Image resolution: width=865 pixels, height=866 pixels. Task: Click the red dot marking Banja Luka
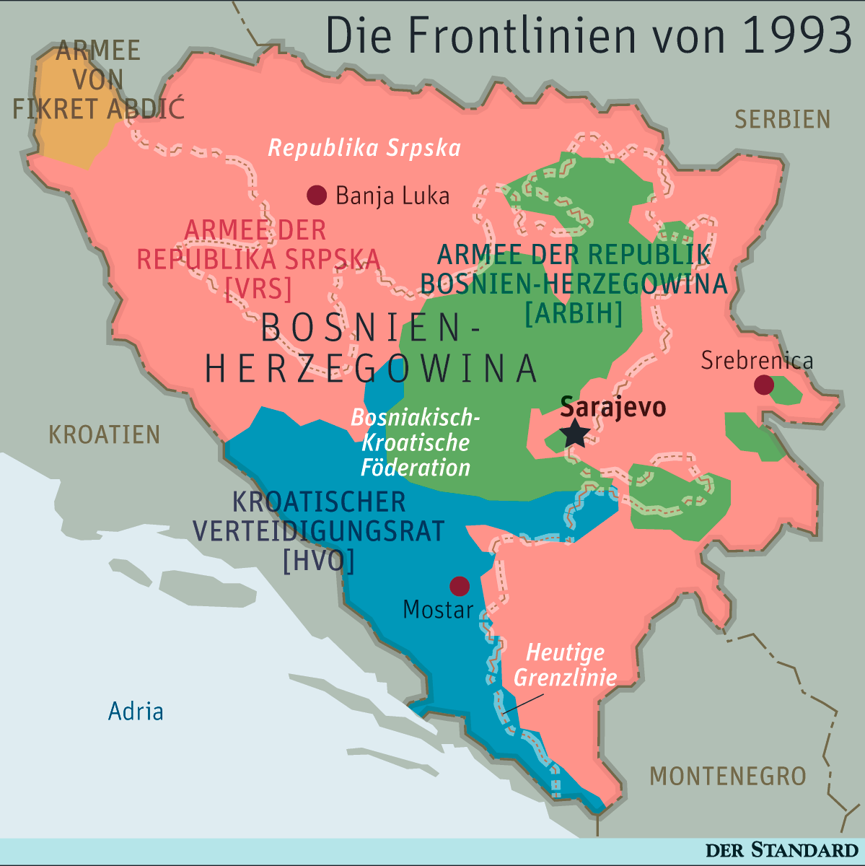pos(316,195)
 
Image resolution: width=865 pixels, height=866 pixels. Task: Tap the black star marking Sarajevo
pos(575,434)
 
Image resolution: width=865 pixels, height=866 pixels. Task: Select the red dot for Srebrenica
pos(763,385)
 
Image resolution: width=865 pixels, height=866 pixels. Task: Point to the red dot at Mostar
pos(459,585)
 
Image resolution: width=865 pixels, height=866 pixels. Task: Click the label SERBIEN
pos(782,119)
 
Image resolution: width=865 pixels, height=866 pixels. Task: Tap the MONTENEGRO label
pos(727,776)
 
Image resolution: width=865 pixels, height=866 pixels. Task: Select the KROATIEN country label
pos(104,434)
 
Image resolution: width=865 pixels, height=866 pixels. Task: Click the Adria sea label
pos(136,712)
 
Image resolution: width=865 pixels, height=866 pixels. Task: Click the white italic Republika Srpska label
pos(364,148)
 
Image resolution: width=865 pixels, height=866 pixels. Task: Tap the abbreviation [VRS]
pos(258,289)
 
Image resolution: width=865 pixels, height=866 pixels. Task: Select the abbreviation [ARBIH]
pos(573,313)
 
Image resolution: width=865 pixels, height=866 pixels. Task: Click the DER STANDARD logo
pos(781,850)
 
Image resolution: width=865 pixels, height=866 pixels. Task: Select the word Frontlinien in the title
pos(534,36)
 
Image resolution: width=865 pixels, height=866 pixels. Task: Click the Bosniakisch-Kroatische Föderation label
pos(415,442)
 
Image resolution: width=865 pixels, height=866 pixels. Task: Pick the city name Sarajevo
pos(612,407)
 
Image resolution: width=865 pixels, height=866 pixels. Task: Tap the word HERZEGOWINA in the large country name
pos(372,368)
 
